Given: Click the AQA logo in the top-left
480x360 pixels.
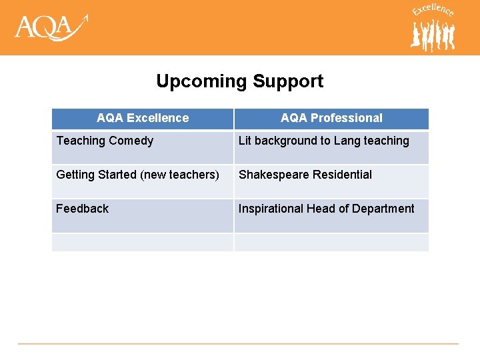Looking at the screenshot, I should point(51,27).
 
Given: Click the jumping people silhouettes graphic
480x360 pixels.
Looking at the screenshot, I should point(433,35).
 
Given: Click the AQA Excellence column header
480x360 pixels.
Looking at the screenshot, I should point(143,118).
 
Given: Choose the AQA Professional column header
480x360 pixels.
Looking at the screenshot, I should point(331,118).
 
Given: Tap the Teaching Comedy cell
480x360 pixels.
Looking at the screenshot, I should point(143,147).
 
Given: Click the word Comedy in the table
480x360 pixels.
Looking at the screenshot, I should point(131,141).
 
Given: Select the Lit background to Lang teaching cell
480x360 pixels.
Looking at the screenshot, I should point(331,147).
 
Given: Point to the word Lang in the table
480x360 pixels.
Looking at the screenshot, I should point(347,141).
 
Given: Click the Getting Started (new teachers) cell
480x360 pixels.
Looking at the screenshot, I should point(143,181).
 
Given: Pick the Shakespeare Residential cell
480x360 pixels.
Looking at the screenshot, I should point(331,181).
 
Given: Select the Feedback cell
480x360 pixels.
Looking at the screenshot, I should point(143,215).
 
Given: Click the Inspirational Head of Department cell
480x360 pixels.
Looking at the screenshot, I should point(331,215).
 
